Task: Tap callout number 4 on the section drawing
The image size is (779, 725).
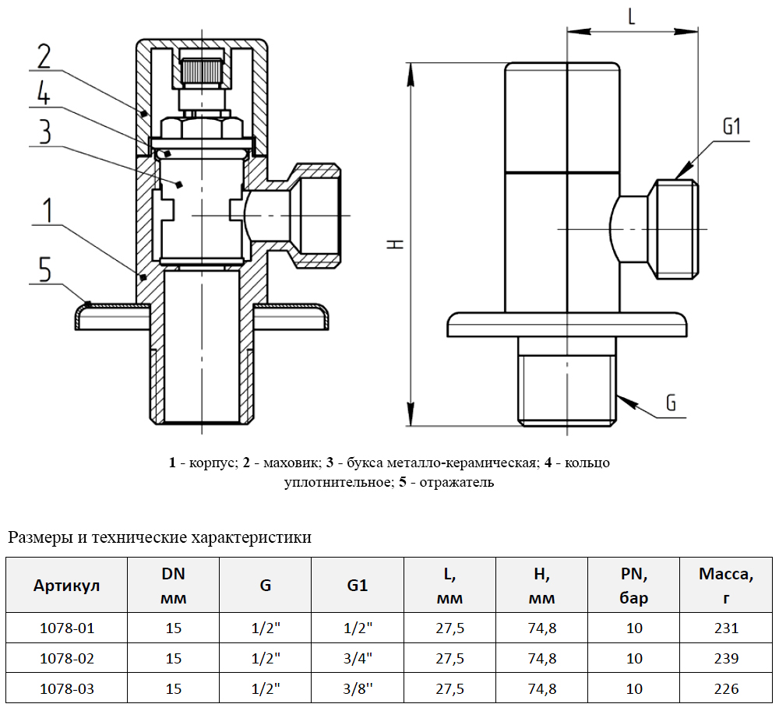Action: coord(43,94)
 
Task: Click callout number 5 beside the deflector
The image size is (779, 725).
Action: coord(44,270)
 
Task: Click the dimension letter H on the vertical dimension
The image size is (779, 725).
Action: coord(397,244)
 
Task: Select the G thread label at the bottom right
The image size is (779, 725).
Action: coord(671,403)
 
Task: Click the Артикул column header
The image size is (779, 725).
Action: coord(67,586)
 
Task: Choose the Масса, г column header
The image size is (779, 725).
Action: coord(725,586)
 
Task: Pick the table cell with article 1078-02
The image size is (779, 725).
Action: coord(67,658)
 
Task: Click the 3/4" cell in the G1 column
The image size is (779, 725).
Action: coord(358,658)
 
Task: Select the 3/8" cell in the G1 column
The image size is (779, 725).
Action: coord(358,688)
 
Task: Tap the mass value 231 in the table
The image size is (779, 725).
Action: coord(725,628)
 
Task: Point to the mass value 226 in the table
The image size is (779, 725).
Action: coord(725,688)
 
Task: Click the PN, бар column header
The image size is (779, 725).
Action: coord(634,586)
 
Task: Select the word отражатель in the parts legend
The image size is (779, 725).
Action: coord(456,483)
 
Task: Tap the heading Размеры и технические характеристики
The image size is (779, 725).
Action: coord(160,537)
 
